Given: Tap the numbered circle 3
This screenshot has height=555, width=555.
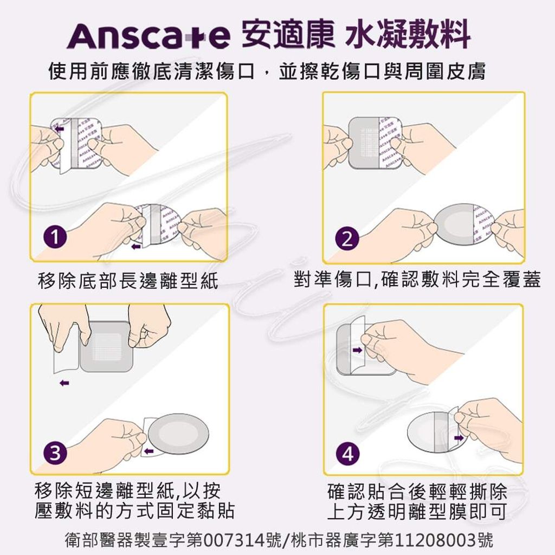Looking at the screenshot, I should (x=55, y=451).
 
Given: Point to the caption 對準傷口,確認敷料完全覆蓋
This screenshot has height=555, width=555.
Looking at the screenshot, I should (x=417, y=280).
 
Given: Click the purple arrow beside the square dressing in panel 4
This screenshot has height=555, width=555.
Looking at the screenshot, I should (x=357, y=351).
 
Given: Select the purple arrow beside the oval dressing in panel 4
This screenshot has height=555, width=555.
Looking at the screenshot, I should (x=460, y=436).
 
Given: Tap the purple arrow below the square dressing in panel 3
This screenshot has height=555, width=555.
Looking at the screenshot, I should (x=64, y=383).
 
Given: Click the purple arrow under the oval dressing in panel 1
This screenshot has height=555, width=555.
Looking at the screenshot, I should (x=136, y=246).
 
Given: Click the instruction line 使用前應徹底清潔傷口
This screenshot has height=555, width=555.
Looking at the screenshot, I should (x=151, y=72).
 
